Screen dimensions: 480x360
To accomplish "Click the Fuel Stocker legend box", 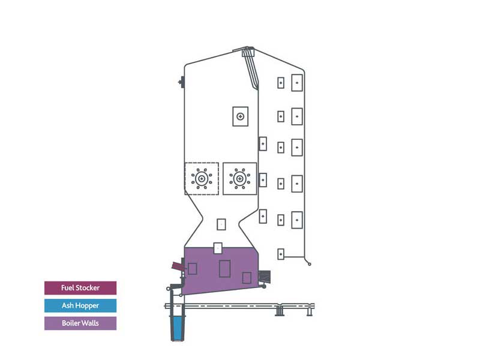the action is (80, 288).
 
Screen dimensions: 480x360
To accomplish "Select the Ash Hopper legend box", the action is (80, 305).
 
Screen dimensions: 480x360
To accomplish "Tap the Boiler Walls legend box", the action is (80, 323).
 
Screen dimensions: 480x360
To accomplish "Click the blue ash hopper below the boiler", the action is (178, 328).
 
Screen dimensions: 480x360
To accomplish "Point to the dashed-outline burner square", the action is (202, 178).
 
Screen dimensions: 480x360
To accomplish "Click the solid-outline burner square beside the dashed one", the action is (239, 178).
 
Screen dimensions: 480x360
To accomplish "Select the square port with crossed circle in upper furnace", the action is (241, 116).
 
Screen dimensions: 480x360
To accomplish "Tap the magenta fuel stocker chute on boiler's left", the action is (178, 266).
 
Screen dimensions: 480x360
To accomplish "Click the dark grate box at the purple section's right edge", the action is (265, 277).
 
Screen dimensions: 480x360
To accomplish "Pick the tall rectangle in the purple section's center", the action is (224, 268).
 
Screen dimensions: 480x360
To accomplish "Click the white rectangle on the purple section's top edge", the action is (218, 248).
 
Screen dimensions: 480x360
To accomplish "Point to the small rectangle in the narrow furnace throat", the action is (221, 224).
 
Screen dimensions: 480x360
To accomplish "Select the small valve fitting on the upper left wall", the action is (181, 82).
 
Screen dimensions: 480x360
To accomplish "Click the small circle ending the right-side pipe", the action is (310, 264).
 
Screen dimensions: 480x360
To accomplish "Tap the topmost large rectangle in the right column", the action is (297, 83).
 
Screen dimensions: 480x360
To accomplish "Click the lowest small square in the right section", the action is (281, 254).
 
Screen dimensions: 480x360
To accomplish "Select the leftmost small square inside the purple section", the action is (192, 269).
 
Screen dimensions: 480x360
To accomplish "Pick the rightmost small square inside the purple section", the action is (247, 278).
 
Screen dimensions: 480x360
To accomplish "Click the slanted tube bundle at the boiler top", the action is (251, 68).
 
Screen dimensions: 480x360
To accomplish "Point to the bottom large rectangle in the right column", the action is (297, 220).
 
